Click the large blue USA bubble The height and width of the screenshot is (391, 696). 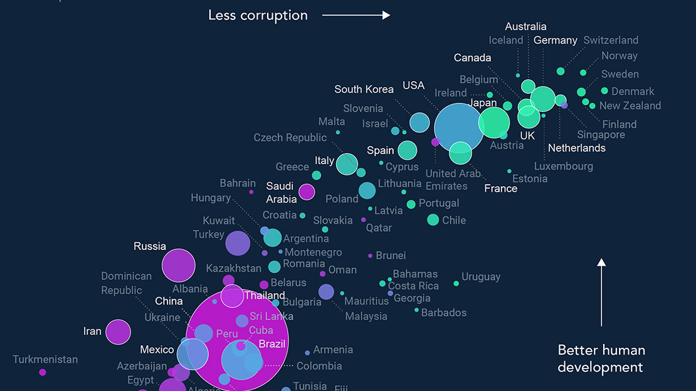[x=460, y=128]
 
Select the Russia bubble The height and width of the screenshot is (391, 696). [x=179, y=266]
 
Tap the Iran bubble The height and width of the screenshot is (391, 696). [x=118, y=332]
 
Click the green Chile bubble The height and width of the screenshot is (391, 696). [x=433, y=219]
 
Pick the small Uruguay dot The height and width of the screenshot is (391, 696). [x=456, y=284]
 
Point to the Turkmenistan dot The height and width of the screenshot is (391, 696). [x=43, y=372]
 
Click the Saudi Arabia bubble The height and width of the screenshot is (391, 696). [x=307, y=192]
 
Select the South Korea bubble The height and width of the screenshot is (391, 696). [x=419, y=122]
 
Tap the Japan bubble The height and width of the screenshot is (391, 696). [x=494, y=123]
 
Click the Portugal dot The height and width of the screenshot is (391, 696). [x=411, y=204]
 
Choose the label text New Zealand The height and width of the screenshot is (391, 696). [x=630, y=106]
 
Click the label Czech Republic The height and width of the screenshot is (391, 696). [x=290, y=138]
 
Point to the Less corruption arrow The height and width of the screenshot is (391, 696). [x=356, y=15]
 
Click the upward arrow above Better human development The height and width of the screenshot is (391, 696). [x=601, y=292]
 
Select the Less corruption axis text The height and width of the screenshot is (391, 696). [x=258, y=15]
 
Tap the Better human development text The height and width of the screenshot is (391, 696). [x=601, y=358]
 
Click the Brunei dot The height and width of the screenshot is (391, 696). [x=371, y=256]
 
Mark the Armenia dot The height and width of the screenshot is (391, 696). [x=307, y=353]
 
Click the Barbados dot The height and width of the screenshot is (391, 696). [x=416, y=310]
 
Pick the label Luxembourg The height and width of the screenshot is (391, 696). [x=563, y=166]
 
